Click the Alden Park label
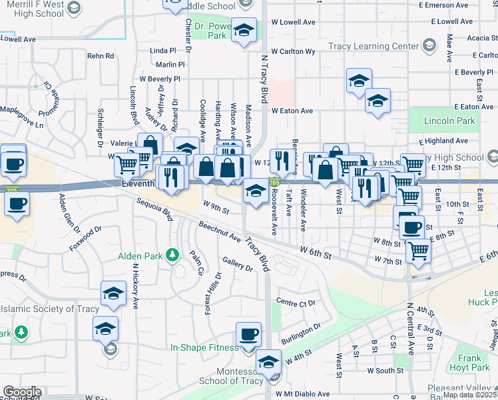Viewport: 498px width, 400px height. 141,255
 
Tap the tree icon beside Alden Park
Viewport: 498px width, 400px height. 172,255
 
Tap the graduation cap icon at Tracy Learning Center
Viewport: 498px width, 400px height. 429,47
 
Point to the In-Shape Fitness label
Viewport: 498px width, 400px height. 204,347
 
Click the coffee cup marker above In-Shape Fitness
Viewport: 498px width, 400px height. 249,333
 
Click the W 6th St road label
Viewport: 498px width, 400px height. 316,251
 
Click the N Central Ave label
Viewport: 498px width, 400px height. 411,330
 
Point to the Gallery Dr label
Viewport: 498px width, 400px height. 238,265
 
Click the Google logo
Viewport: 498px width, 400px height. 21,392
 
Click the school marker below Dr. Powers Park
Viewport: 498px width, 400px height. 244,31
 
